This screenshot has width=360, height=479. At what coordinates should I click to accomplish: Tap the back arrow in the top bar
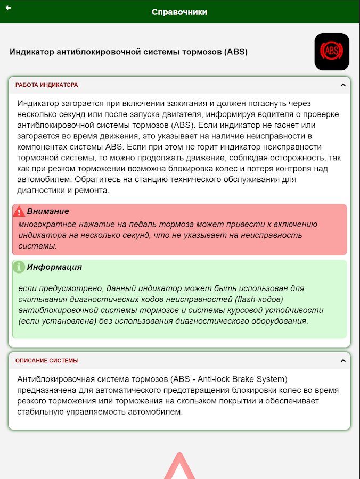[9, 8]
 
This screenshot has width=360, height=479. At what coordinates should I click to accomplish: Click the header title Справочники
[179, 12]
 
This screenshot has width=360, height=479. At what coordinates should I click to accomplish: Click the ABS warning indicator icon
[332, 52]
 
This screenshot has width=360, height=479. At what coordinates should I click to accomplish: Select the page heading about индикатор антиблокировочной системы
[128, 52]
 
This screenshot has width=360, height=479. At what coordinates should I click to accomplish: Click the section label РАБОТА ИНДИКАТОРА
[46, 85]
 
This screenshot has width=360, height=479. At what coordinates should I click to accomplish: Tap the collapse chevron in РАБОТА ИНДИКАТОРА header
[343, 85]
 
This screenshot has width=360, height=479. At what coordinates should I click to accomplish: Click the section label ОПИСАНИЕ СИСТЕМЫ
[47, 360]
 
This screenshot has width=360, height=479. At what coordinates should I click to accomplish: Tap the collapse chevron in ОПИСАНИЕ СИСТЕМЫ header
[343, 360]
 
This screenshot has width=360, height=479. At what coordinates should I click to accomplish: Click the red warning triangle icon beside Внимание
[19, 211]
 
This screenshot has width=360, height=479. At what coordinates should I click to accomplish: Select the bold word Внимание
[48, 211]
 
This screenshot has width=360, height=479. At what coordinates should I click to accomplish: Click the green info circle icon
[19, 267]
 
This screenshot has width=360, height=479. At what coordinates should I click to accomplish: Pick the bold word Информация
[54, 267]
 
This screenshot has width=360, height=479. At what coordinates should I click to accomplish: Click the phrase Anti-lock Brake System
[243, 379]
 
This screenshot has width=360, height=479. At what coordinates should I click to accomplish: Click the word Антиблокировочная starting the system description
[59, 379]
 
